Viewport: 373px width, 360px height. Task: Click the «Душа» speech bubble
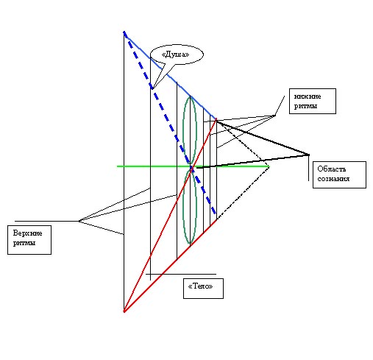coord(177,54)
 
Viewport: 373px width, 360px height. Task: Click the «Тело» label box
coord(203,289)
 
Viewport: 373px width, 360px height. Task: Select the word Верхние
coord(27,233)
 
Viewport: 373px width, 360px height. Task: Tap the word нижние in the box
coord(308,96)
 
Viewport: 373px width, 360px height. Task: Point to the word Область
coord(332,169)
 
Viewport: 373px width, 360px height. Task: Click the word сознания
coord(333,179)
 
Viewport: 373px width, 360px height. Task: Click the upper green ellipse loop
coord(190,130)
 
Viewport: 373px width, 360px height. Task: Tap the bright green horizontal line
coord(193,166)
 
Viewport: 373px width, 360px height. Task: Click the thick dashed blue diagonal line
coord(170,123)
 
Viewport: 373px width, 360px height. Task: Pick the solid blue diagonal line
coord(170,76)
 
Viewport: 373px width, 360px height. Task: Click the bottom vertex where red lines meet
coord(124,311)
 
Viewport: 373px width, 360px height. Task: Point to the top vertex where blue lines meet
coord(124,32)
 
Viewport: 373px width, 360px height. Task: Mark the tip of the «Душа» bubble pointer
coord(152,89)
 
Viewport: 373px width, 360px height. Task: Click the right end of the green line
coord(269,166)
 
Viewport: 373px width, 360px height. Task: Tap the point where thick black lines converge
coord(309,155)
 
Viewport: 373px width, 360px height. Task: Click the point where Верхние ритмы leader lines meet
coord(79,221)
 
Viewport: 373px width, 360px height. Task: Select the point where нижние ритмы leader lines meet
coord(274,116)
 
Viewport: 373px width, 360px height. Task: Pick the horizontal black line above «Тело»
coord(181,274)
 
